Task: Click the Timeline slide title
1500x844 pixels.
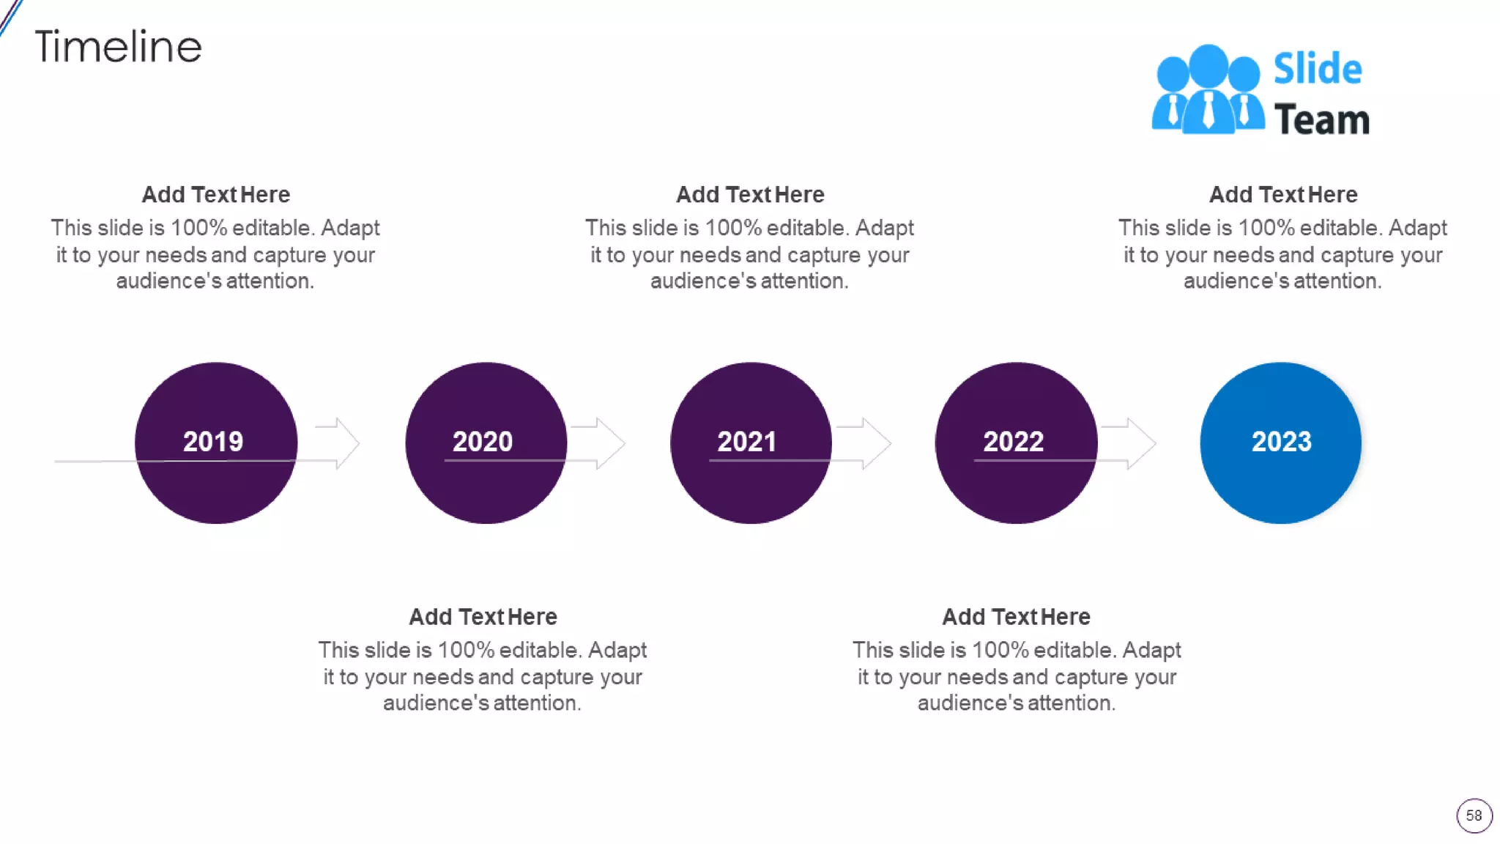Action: click(118, 47)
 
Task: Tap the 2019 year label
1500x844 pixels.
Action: click(212, 441)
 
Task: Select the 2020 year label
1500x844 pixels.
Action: click(482, 441)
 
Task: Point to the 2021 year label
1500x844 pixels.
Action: click(746, 441)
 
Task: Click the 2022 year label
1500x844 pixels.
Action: click(1013, 441)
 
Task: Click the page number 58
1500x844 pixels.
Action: click(1474, 815)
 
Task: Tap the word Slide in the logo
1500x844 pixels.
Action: click(1317, 69)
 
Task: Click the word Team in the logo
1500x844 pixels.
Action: click(1321, 119)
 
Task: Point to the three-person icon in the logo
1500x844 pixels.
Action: click(1208, 89)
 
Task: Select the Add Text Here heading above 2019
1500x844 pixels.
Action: click(215, 195)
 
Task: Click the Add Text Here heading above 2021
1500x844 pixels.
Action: click(749, 195)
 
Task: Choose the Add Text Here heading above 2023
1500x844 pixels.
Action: click(1282, 195)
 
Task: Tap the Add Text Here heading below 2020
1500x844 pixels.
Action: click(483, 617)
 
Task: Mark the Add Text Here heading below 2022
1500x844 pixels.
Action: click(1016, 617)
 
